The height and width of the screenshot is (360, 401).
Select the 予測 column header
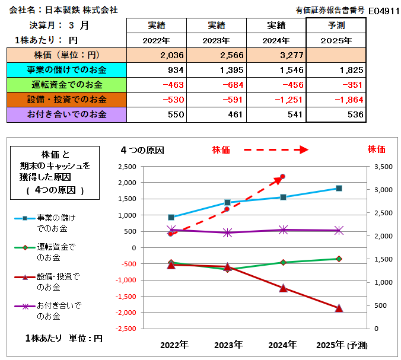[x=336, y=26]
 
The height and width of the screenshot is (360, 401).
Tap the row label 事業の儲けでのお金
[x=66, y=70]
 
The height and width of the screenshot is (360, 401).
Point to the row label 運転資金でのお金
[x=66, y=85]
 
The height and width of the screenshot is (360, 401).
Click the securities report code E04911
[x=383, y=10]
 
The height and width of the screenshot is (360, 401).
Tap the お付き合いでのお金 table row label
[x=66, y=114]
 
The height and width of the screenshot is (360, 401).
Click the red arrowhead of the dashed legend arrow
[x=304, y=150]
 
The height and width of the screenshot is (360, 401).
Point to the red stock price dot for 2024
[x=283, y=176]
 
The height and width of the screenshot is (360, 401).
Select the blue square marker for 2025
[x=339, y=188]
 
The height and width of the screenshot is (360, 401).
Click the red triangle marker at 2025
[x=339, y=308]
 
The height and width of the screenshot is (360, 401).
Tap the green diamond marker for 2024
[x=283, y=262]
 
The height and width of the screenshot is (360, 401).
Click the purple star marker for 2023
[x=227, y=232]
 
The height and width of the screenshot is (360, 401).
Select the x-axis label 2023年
[x=228, y=345]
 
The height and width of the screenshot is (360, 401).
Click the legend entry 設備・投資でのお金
[x=58, y=282]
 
